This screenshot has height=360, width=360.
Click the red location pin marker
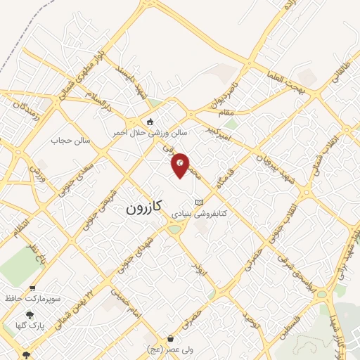[181, 165]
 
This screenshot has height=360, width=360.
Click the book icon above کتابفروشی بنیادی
[199, 201]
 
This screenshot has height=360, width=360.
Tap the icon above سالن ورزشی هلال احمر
[150, 121]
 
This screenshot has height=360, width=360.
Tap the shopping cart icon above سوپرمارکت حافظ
[33, 288]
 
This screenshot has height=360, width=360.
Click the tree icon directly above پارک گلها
[30, 315]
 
